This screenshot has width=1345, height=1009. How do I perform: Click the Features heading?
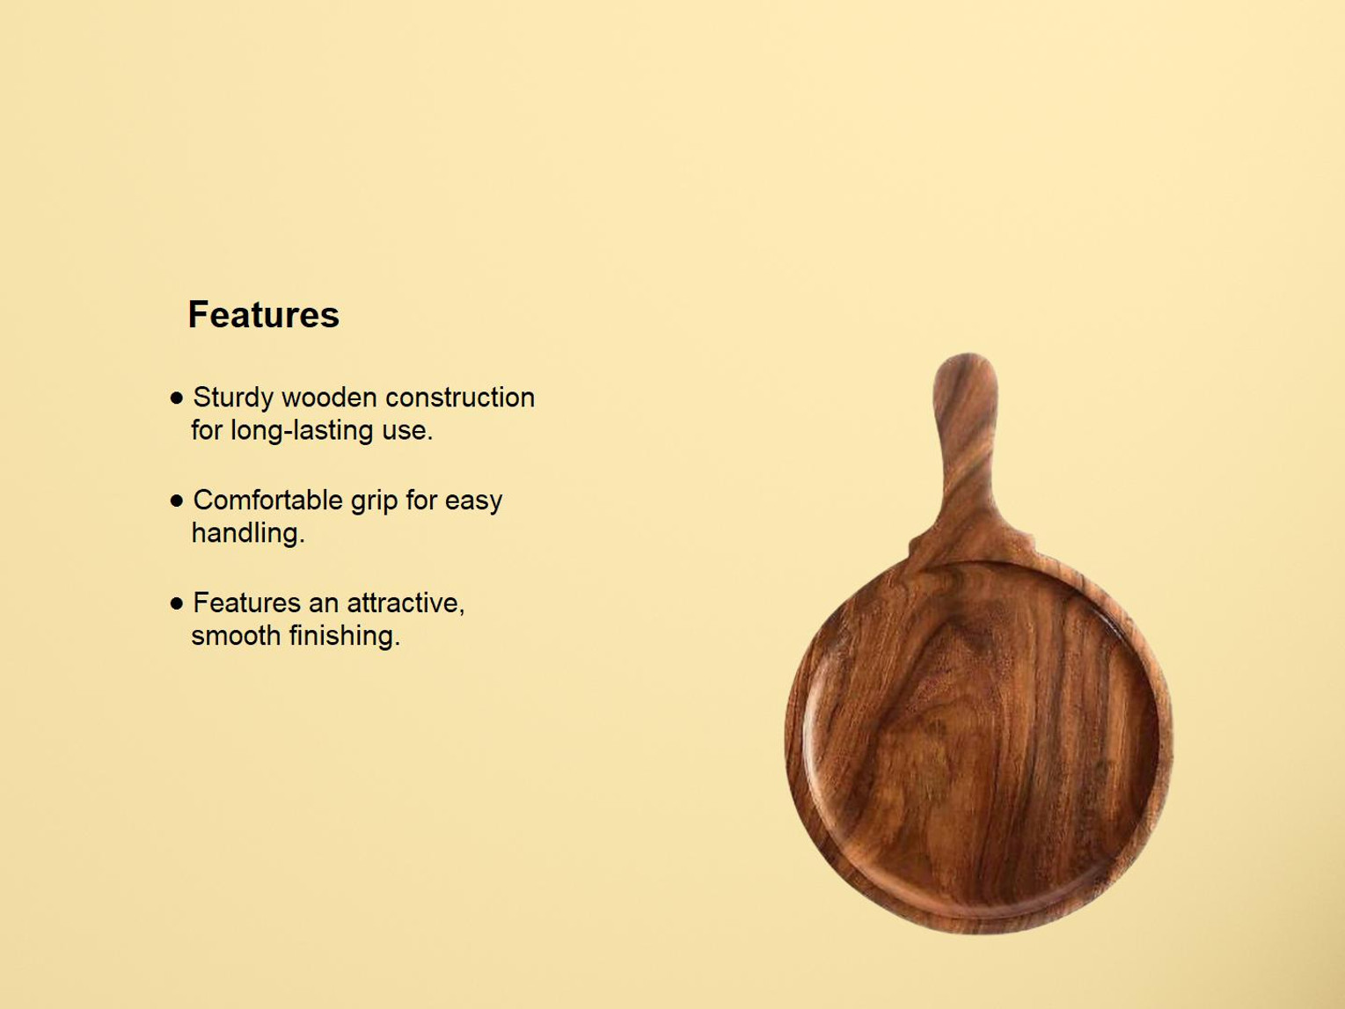[263, 315]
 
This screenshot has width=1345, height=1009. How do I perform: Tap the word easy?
[473, 501]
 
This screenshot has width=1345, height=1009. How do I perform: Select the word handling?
[247, 533]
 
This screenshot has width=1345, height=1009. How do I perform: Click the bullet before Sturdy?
[177, 398]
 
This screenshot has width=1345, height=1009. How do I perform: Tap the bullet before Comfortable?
[177, 501]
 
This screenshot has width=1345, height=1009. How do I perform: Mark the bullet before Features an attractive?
[177, 603]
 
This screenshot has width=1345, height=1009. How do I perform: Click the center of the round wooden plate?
[978, 743]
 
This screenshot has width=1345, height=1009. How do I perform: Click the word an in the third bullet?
[323, 603]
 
